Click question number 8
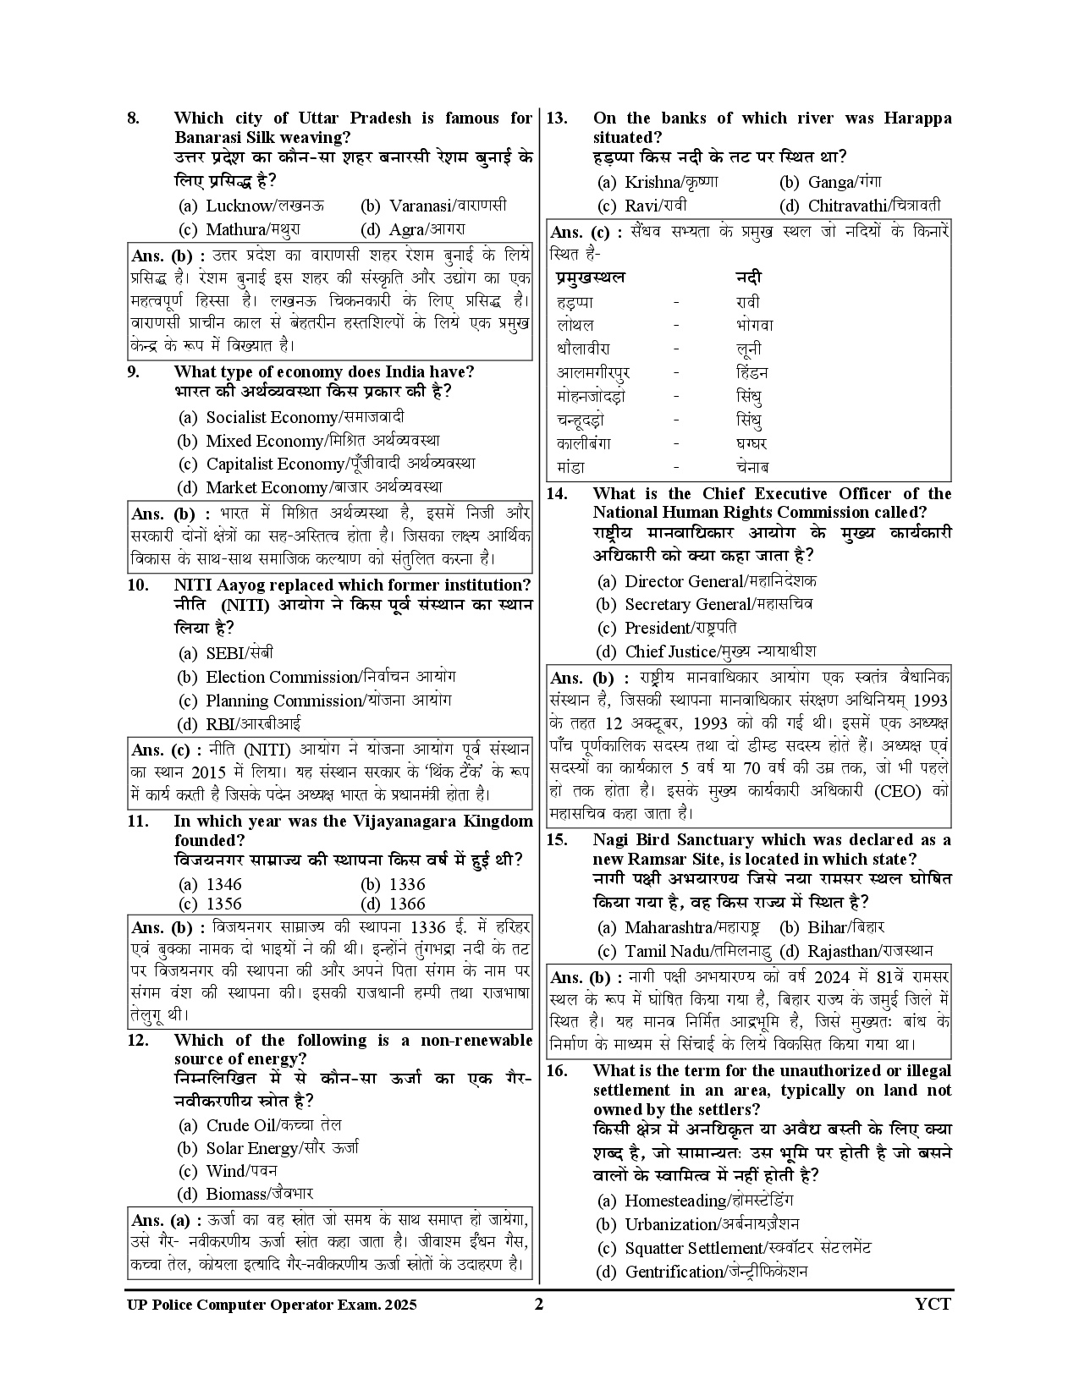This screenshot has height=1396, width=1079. (133, 118)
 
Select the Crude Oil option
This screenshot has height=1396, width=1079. (261, 1125)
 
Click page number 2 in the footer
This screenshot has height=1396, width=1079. (538, 1304)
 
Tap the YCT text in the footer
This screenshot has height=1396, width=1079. (933, 1304)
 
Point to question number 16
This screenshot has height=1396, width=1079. (557, 1071)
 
